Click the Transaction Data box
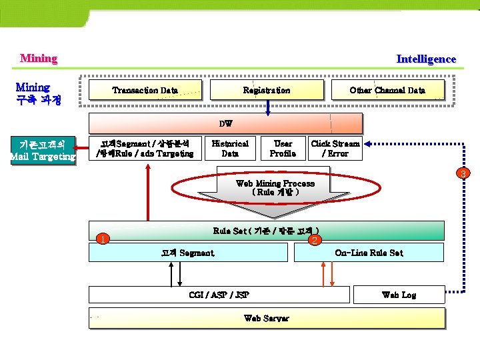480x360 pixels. tap(145, 90)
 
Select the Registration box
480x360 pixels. tap(267, 90)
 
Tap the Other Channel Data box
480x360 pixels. tap(387, 90)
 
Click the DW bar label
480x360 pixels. tap(226, 123)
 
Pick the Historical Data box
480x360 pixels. tap(230, 148)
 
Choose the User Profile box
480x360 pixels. tap(283, 148)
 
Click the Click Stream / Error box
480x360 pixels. tap(335, 148)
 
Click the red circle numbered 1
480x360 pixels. tap(101, 239)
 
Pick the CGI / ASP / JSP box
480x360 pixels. tap(219, 295)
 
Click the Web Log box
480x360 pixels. tap(399, 295)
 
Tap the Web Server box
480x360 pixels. tap(267, 318)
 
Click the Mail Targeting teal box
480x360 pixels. tap(43, 150)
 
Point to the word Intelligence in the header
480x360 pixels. tap(426, 59)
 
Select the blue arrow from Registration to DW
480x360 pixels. tap(267, 108)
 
